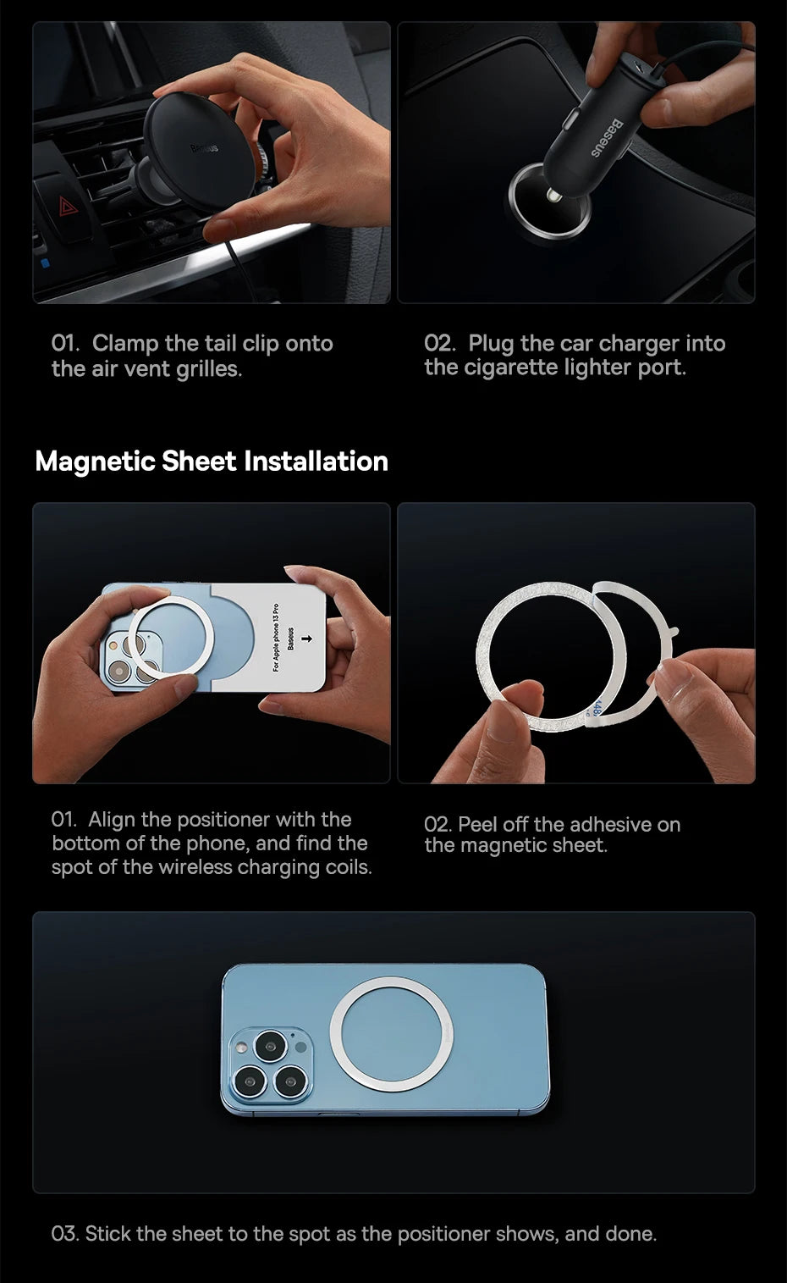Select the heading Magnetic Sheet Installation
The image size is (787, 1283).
pyautogui.click(x=212, y=462)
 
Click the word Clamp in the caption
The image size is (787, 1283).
pyautogui.click(x=125, y=343)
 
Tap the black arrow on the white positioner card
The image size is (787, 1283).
pyautogui.click(x=307, y=637)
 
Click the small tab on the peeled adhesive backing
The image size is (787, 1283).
pyautogui.click(x=674, y=630)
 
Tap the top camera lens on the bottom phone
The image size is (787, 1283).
pyautogui.click(x=270, y=1046)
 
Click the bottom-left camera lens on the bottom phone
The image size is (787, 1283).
pyautogui.click(x=249, y=1081)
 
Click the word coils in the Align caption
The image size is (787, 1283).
pyautogui.click(x=349, y=867)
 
